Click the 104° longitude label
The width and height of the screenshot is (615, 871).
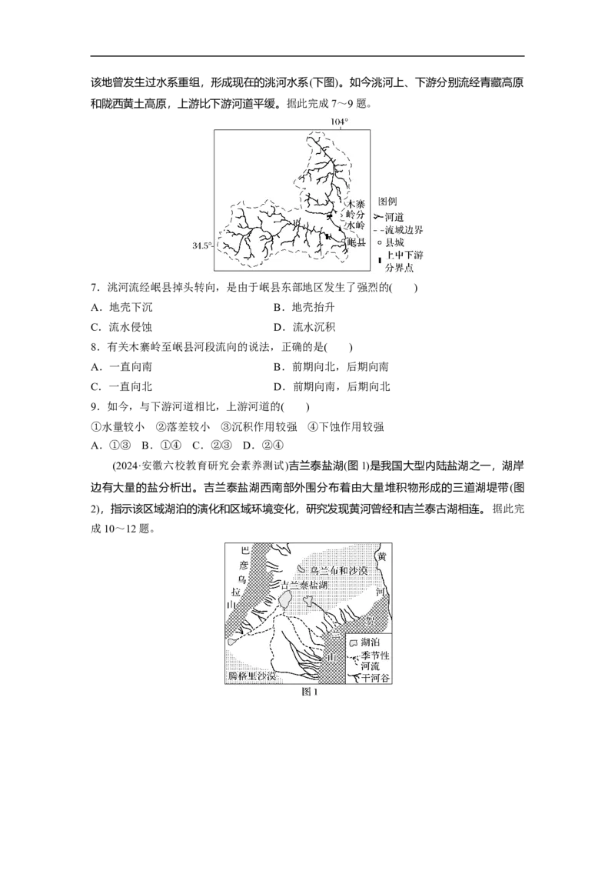pos(339,122)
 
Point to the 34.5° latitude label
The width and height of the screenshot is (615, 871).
pos(201,245)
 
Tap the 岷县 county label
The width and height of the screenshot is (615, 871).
pos(356,242)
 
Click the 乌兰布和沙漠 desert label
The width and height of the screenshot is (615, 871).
pos(339,571)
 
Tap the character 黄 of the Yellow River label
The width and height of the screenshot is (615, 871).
pos(382,556)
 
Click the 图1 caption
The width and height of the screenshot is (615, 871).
pos(309,692)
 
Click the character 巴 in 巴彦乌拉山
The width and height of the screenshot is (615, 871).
pos(244,551)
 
